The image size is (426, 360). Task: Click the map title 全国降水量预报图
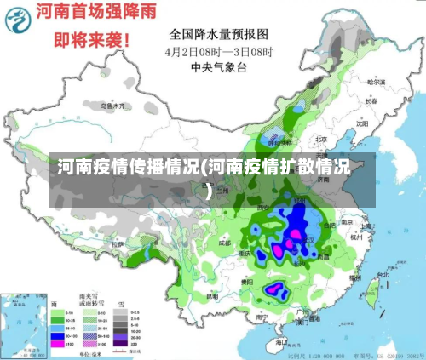(x=218, y=34)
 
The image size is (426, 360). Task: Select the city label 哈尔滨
(x=376, y=83)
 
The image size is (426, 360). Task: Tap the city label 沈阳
(x=362, y=122)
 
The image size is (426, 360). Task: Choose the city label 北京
(x=321, y=139)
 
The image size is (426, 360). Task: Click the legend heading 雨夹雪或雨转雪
(x=89, y=303)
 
